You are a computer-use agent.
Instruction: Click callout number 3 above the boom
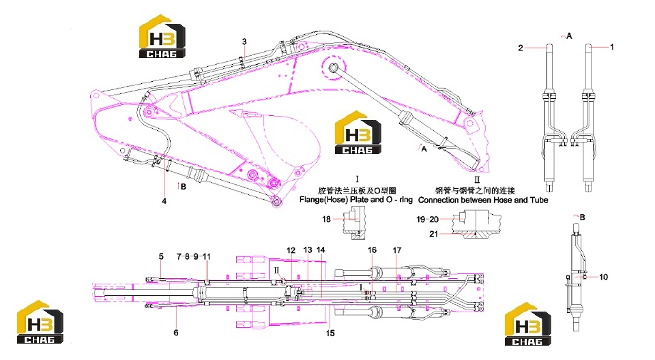(x=244, y=42)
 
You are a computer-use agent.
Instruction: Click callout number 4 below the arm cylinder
(x=164, y=201)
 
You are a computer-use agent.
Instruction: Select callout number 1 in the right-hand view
(x=612, y=47)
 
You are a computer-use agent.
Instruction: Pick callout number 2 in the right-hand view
(x=521, y=48)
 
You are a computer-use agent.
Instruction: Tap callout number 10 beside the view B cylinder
(x=604, y=277)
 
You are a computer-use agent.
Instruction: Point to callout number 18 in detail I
(x=326, y=219)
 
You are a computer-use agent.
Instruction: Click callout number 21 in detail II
(x=434, y=234)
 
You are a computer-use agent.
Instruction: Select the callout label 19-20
(x=427, y=220)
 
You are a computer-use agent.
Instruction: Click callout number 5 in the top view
(x=161, y=256)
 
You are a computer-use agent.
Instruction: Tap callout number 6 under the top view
(x=176, y=333)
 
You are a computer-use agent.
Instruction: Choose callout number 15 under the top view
(x=330, y=333)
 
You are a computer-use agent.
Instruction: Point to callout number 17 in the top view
(x=397, y=250)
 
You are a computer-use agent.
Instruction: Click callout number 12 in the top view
(x=291, y=250)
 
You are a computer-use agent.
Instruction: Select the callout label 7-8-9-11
(x=194, y=256)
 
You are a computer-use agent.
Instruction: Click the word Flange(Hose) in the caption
(x=323, y=200)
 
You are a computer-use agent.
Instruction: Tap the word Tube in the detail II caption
(x=539, y=200)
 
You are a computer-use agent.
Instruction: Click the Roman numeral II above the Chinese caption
(x=477, y=180)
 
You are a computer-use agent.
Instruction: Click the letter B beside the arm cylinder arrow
(x=184, y=187)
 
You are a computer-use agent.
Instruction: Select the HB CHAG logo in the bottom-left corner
(x=40, y=322)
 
